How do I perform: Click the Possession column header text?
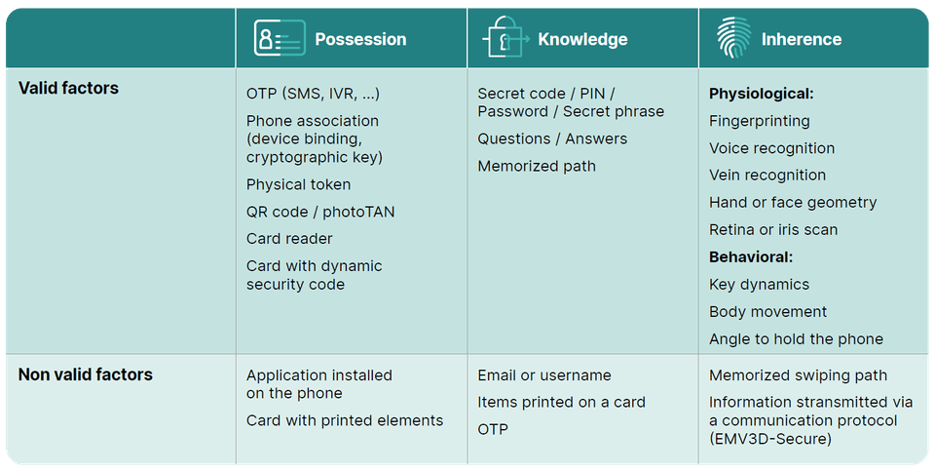pyautogui.click(x=360, y=39)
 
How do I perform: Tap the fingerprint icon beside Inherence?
pyautogui.click(x=733, y=38)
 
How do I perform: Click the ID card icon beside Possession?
pyautogui.click(x=280, y=38)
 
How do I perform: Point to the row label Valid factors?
pyautogui.click(x=68, y=89)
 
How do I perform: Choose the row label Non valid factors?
pyautogui.click(x=86, y=374)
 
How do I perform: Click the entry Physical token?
pyautogui.click(x=298, y=184)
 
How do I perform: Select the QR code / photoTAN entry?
pyautogui.click(x=320, y=212)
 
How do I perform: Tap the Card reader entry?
pyautogui.click(x=289, y=239)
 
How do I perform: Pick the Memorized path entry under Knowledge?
pyautogui.click(x=537, y=167)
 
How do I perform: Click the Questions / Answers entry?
pyautogui.click(x=552, y=139)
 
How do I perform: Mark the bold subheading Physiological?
pyautogui.click(x=762, y=94)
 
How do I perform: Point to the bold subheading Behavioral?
pyautogui.click(x=751, y=257)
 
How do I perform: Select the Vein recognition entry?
pyautogui.click(x=767, y=176)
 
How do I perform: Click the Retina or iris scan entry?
pyautogui.click(x=773, y=230)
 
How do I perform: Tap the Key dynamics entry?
pyautogui.click(x=759, y=285)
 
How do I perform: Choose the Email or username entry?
pyautogui.click(x=544, y=375)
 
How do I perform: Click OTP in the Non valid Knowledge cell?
pyautogui.click(x=493, y=430)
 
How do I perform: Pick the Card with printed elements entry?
pyautogui.click(x=345, y=420)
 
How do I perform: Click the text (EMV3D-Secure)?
pyautogui.click(x=770, y=439)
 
